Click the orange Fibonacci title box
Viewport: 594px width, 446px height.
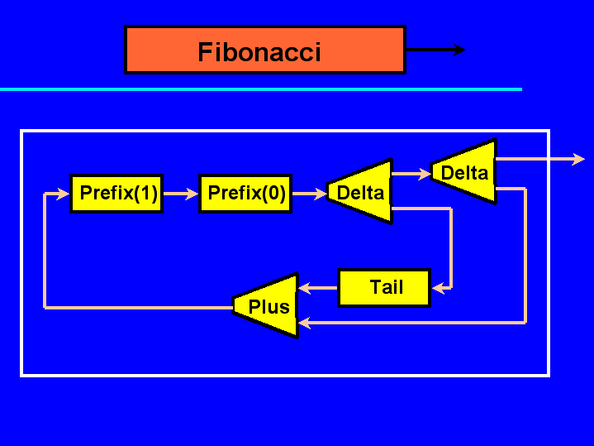coord(265,50)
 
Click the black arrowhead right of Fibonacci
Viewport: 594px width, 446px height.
coord(459,50)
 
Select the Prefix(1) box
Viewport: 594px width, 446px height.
coord(116,194)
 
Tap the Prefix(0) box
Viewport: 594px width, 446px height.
coord(245,194)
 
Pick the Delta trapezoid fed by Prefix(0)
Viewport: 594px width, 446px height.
coord(360,191)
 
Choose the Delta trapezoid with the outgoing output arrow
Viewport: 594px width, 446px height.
coord(464,171)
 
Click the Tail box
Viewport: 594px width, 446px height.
coord(384,288)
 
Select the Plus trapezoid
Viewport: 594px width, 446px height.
coord(266,305)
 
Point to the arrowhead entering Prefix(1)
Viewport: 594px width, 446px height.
coord(63,194)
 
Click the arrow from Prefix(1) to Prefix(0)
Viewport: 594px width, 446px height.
coord(181,194)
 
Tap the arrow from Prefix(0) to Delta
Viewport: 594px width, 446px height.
coord(310,194)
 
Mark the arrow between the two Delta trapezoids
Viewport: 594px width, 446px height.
coord(411,174)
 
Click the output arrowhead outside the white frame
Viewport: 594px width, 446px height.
coord(578,159)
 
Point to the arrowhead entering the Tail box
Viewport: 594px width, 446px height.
coord(439,289)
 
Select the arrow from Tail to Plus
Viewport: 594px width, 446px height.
coord(318,288)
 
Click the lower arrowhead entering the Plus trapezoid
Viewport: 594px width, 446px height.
coord(305,323)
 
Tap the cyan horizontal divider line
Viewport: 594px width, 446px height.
coord(261,89)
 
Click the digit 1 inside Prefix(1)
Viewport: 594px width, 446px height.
coord(145,193)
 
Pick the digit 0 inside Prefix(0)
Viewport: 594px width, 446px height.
coord(273,193)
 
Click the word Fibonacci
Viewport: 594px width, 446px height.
coord(259,52)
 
